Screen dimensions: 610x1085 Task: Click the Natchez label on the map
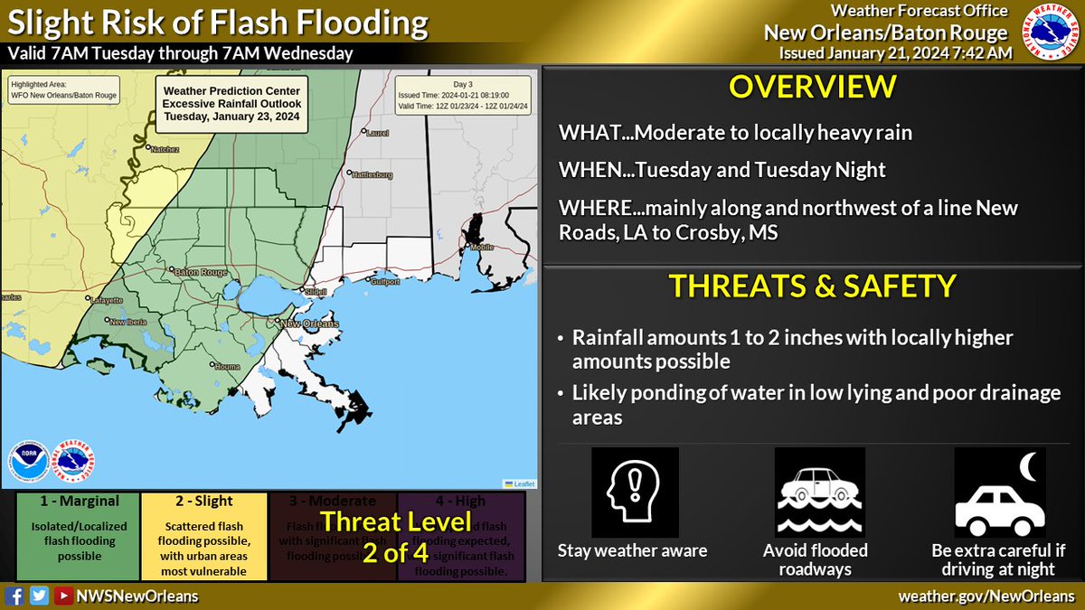(x=164, y=148)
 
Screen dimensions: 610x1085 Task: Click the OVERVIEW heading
(x=813, y=88)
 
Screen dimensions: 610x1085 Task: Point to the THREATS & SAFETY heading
(x=812, y=286)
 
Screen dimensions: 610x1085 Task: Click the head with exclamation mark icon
(x=635, y=493)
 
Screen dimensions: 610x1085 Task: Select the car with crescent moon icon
(x=999, y=493)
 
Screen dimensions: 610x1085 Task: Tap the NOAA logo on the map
(x=27, y=461)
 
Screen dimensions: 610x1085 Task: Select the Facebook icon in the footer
(x=15, y=596)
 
